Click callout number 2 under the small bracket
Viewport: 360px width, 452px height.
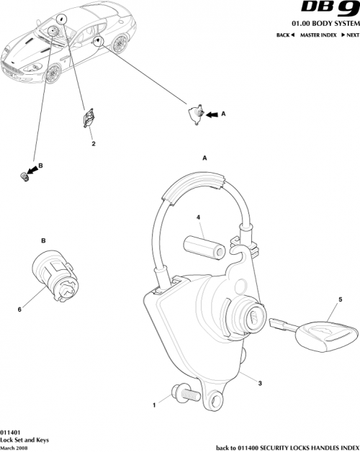click(x=93, y=143)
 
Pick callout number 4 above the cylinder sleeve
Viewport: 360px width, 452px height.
click(x=199, y=216)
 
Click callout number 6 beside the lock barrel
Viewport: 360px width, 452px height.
click(x=19, y=310)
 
